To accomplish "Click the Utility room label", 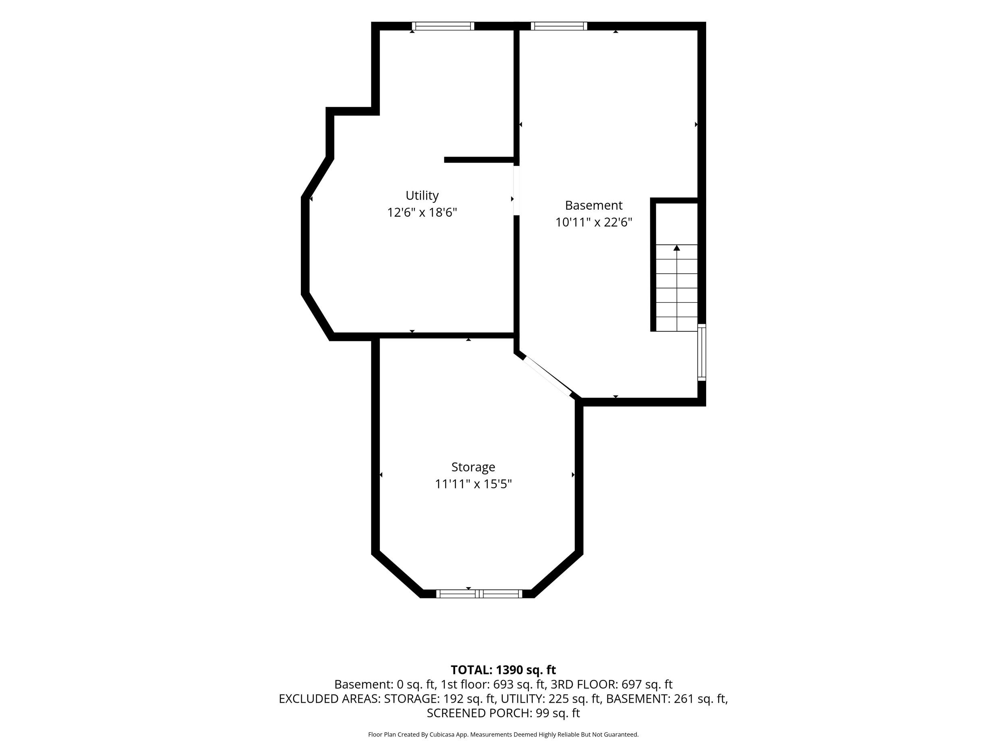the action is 422,196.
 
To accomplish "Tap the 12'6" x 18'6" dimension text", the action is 422,213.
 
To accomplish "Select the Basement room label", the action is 594,205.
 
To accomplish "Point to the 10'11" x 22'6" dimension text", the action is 594,222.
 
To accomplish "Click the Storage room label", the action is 473,467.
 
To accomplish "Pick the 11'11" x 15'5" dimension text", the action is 473,484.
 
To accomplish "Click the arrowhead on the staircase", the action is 676,248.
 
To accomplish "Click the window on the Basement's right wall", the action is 702,352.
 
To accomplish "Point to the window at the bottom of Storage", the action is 479,594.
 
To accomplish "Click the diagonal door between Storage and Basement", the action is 548,376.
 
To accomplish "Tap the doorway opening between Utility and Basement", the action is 516,190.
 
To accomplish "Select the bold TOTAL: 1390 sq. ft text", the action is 503,670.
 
